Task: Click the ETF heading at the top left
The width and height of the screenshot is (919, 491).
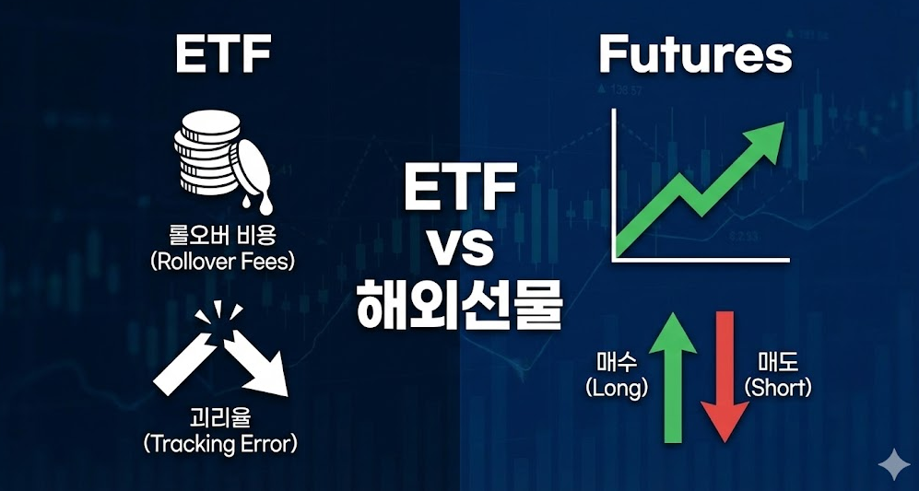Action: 223,54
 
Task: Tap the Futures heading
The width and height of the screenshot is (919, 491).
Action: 695,55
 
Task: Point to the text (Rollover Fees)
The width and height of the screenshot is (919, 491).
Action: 222,261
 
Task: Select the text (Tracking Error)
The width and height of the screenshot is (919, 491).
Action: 220,443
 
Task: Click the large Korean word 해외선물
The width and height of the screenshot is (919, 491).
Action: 459,303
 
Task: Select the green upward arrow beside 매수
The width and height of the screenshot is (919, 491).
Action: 673,378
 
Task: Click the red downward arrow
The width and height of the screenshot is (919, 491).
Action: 725,378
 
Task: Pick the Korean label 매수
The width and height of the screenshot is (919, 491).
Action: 617,364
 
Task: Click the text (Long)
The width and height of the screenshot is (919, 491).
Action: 617,388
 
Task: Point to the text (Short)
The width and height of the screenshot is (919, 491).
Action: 778,387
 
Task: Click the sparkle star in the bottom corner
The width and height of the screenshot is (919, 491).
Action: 893,462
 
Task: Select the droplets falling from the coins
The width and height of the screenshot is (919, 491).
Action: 255,205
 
